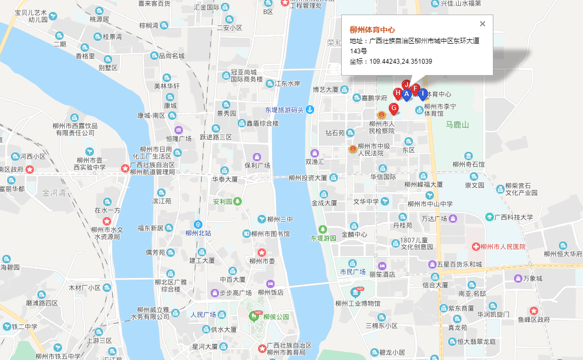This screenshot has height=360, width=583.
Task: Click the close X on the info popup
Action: (x=483, y=24)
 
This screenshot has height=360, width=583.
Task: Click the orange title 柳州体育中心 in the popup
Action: (x=372, y=30)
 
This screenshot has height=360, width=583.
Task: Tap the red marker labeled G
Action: (x=394, y=109)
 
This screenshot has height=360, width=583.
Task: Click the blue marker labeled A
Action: (x=406, y=95)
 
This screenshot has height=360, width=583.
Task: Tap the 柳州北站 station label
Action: (x=198, y=233)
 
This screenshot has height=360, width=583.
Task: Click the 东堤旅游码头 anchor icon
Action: (x=310, y=110)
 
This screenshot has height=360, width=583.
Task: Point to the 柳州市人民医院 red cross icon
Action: (x=476, y=247)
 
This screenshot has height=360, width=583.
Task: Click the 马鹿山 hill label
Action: (x=457, y=125)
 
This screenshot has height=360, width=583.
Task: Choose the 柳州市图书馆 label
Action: (x=270, y=234)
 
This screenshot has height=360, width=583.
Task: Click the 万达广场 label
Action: (x=434, y=219)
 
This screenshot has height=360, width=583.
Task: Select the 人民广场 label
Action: (x=203, y=314)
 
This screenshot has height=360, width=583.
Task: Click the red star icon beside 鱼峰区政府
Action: (x=533, y=311)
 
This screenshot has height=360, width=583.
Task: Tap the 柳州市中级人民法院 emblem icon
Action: (x=352, y=148)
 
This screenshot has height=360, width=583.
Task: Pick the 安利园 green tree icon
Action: (x=237, y=202)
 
